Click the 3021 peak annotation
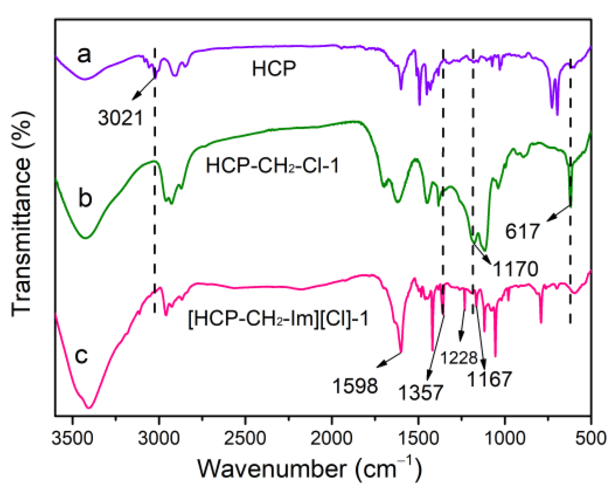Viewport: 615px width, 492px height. [121, 118]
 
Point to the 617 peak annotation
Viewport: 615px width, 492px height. [522, 231]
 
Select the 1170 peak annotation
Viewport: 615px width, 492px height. [515, 269]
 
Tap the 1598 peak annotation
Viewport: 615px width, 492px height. [355, 386]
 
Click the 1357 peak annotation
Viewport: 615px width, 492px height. [421, 392]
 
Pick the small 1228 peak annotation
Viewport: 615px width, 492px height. [459, 358]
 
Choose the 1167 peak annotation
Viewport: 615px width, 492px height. [489, 379]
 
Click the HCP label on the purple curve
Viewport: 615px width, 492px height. [274, 69]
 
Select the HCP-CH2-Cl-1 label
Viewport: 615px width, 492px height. [272, 165]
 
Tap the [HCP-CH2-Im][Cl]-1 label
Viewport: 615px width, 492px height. [278, 319]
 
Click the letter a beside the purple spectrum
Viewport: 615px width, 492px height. [84, 54]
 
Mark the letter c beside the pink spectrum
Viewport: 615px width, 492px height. [81, 355]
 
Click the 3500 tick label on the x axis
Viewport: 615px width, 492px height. [72, 438]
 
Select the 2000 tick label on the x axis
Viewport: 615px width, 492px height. [332, 438]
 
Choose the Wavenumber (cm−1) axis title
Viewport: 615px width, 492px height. [310, 468]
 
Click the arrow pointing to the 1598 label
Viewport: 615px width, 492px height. [389, 360]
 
